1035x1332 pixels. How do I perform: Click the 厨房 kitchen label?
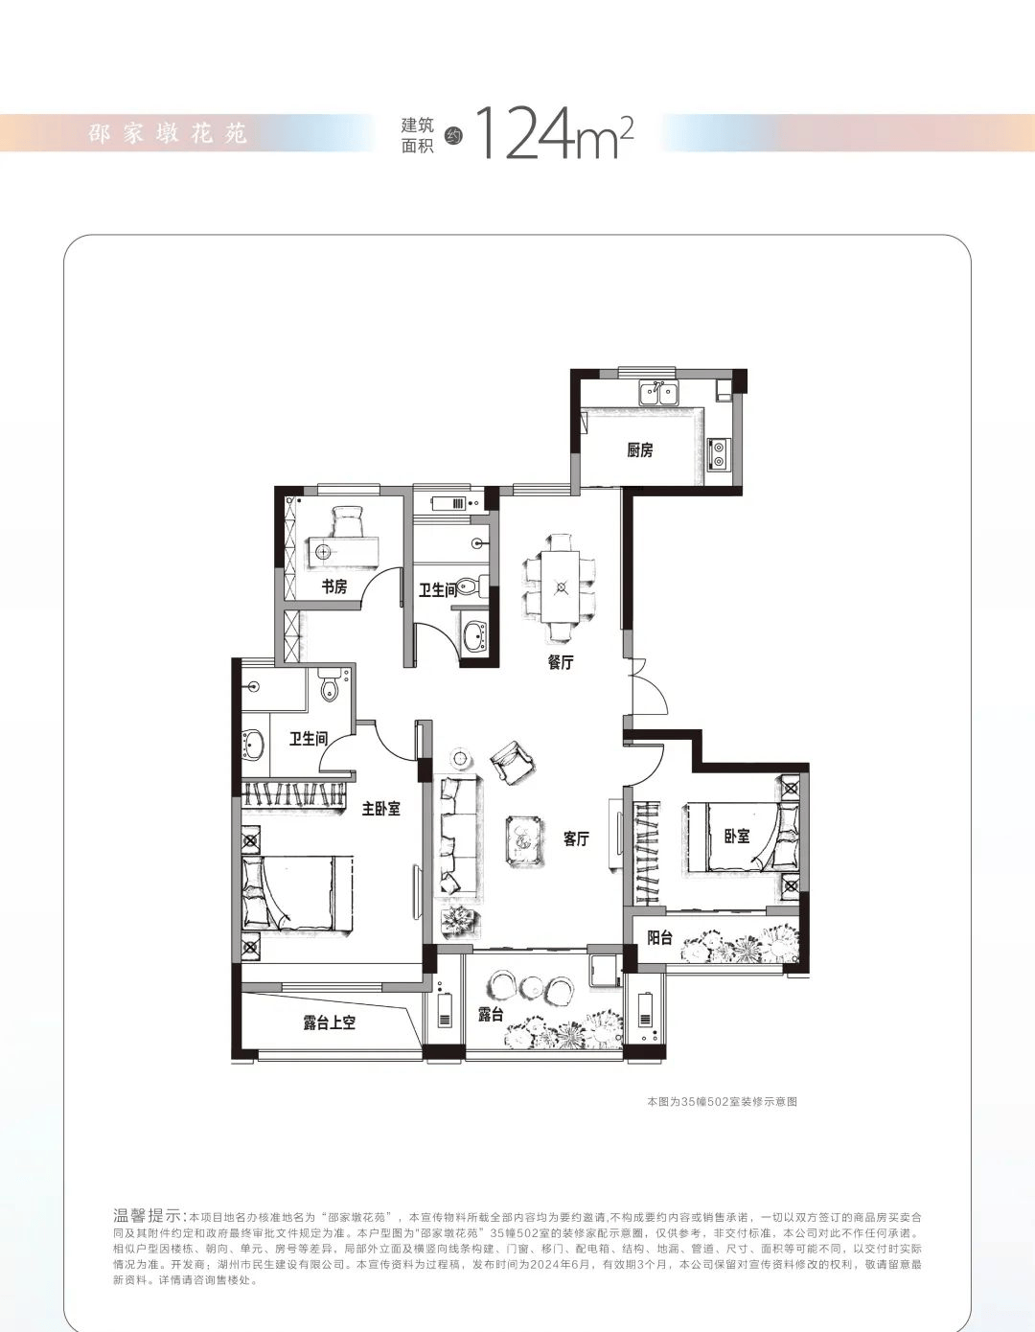[x=640, y=451]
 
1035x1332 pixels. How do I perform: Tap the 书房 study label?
[x=334, y=587]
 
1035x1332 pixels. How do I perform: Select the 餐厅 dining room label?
[x=561, y=662]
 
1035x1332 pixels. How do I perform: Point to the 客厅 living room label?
[x=576, y=839]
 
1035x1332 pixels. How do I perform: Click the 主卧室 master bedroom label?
[x=380, y=809]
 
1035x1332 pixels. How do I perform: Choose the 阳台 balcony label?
[x=660, y=938]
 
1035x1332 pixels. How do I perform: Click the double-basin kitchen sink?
[x=658, y=392]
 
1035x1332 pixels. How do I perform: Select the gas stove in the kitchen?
[x=716, y=454]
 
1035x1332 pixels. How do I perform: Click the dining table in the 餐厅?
[x=560, y=586]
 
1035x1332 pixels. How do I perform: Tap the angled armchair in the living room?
[x=513, y=761]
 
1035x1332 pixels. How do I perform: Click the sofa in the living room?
[x=456, y=835]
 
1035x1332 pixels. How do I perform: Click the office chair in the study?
[x=348, y=522]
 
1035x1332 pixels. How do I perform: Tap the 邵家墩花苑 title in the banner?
[x=168, y=133]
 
